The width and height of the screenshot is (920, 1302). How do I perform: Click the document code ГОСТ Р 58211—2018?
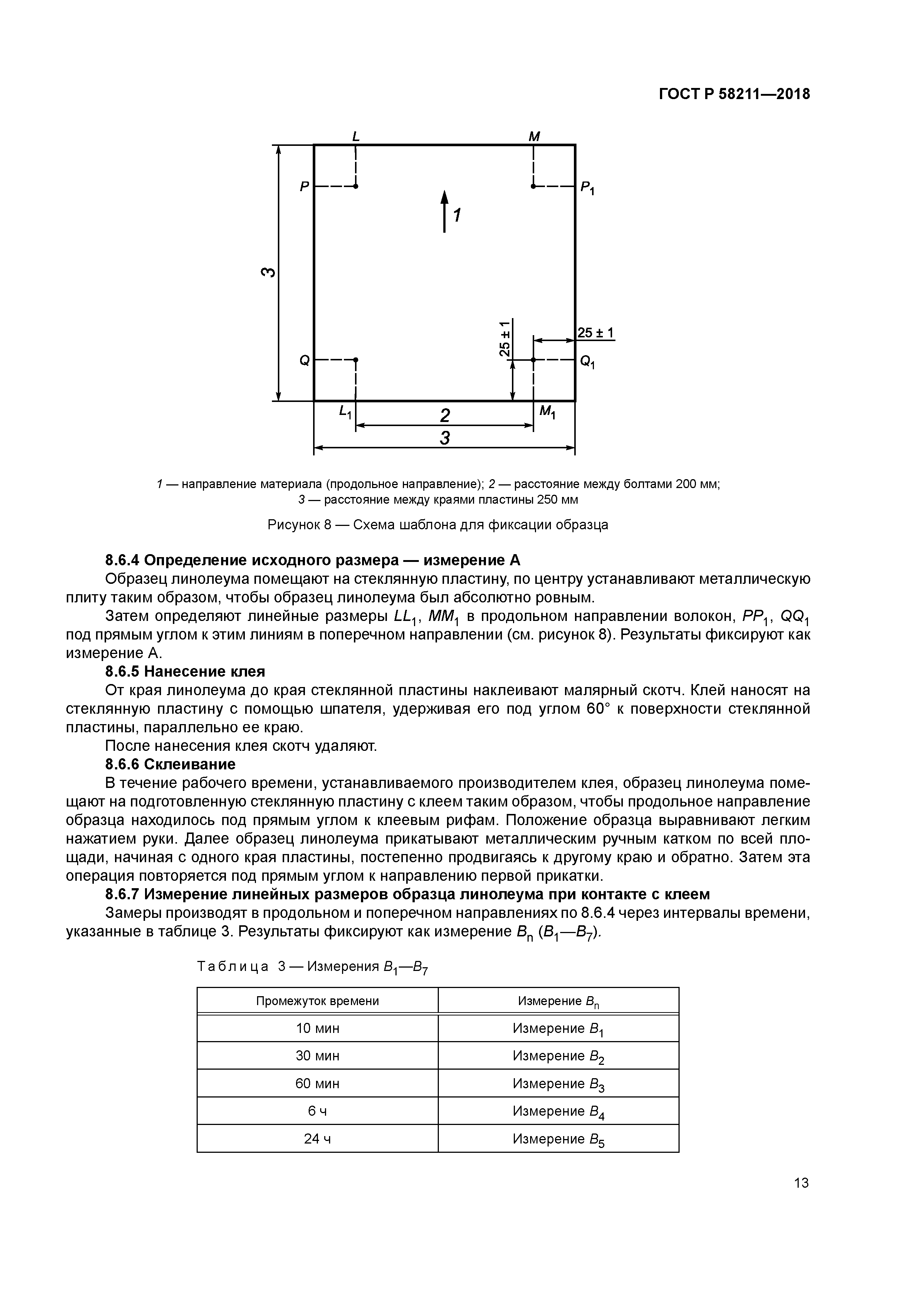[x=734, y=94]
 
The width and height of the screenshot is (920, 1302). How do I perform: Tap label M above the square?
[x=534, y=137]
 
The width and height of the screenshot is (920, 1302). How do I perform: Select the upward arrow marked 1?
[x=444, y=211]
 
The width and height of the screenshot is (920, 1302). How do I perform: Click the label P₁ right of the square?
[x=587, y=188]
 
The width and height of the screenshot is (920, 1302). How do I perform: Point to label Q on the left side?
[x=305, y=360]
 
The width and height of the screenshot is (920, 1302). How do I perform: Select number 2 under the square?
[x=445, y=416]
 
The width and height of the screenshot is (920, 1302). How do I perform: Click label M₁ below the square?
[x=547, y=412]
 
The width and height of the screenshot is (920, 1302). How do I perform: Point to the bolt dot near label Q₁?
[x=533, y=360]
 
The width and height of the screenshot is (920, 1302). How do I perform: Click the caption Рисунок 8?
[x=438, y=524]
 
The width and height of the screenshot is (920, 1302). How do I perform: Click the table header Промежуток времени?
[x=318, y=1001]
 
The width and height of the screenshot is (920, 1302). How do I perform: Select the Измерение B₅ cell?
[x=558, y=1139]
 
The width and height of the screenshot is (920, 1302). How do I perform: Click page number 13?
[x=801, y=1182]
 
